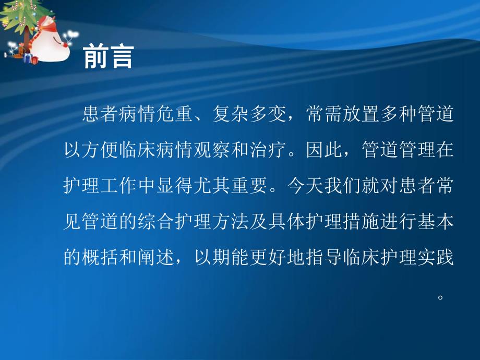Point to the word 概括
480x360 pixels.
[103, 257]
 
